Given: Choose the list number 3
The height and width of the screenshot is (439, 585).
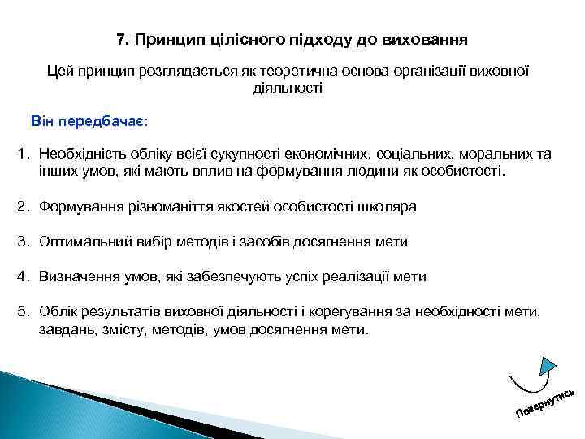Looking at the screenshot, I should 24,241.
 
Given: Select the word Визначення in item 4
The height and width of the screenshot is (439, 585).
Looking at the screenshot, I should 78,276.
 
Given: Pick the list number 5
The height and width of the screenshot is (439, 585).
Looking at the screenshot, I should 24,312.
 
